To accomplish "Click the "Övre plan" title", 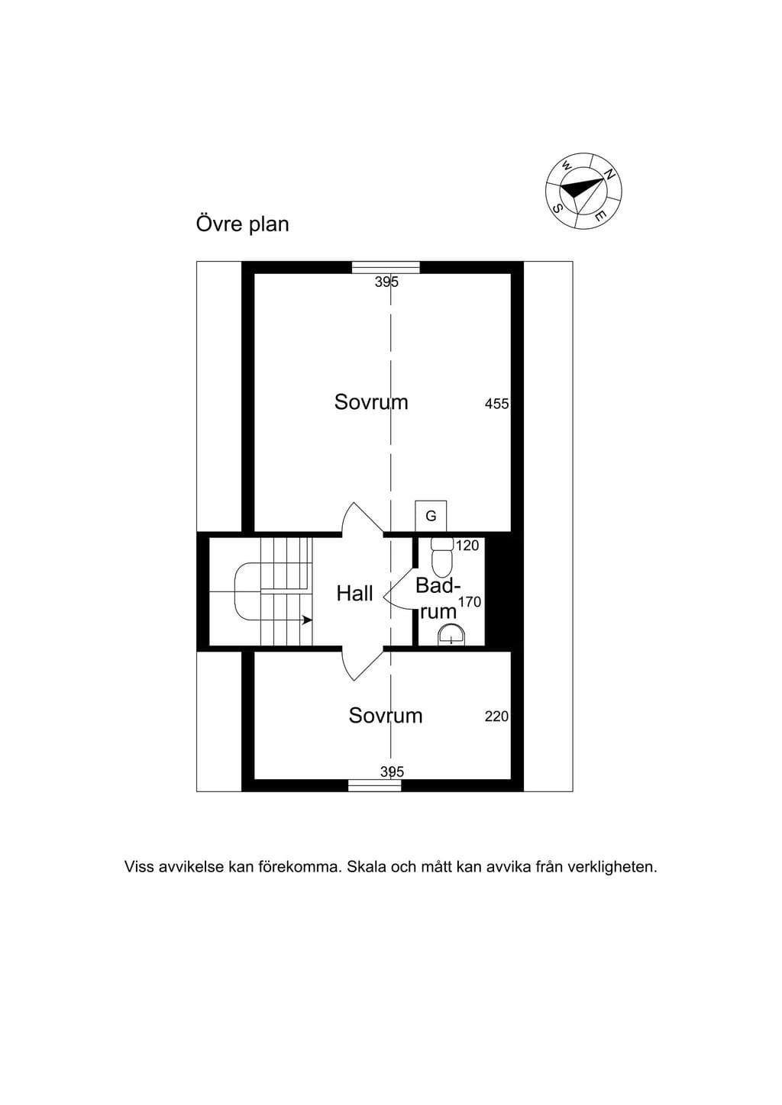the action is click(242, 224).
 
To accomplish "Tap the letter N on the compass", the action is click(609, 174).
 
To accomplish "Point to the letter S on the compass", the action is click(558, 208).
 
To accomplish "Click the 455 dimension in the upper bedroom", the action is click(496, 404).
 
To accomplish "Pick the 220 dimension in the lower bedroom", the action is click(496, 717).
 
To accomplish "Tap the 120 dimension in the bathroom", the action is click(467, 546).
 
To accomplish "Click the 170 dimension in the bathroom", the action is click(470, 602).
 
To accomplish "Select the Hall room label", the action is click(354, 594).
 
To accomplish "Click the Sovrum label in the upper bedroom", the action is click(371, 402).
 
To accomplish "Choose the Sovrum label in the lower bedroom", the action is click(386, 715).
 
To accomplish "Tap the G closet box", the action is click(431, 516).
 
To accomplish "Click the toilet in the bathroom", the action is click(442, 557).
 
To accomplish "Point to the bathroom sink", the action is click(451, 634).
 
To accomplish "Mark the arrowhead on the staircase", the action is click(307, 620).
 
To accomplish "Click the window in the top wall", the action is click(386, 267).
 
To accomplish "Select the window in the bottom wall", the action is click(375, 785).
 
